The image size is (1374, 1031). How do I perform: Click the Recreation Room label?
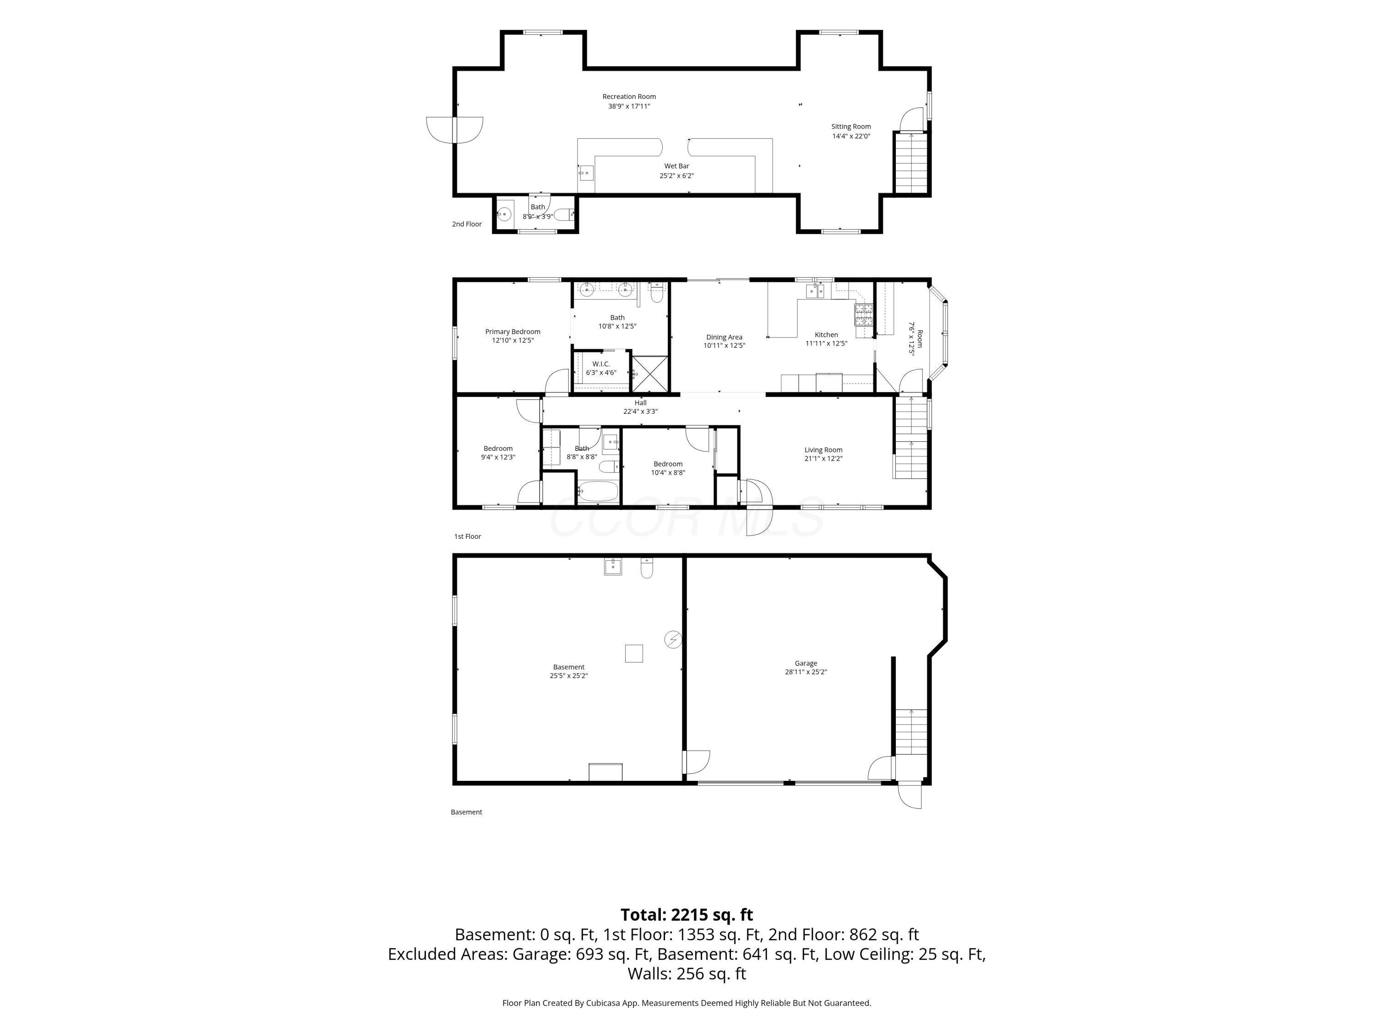(629, 96)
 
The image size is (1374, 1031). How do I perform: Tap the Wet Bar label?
(676, 166)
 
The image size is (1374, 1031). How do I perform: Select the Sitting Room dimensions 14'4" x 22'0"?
(851, 136)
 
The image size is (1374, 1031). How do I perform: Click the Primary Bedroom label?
(513, 332)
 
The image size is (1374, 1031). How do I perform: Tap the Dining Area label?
(724, 337)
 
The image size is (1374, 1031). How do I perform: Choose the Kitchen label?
(826, 335)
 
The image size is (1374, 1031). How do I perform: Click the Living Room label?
(823, 450)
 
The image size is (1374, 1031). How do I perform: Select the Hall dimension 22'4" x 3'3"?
(640, 411)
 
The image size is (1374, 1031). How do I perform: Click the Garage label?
(806, 663)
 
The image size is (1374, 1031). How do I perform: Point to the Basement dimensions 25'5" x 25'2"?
(568, 675)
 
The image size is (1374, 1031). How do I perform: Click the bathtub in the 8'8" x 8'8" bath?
(598, 492)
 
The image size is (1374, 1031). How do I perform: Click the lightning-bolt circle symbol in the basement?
(673, 640)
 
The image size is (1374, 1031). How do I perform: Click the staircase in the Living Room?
(911, 438)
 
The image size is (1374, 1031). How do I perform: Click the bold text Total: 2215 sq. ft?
(687, 915)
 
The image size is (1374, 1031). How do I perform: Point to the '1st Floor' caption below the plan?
(467, 536)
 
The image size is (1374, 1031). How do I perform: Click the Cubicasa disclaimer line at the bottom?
(687, 1003)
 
